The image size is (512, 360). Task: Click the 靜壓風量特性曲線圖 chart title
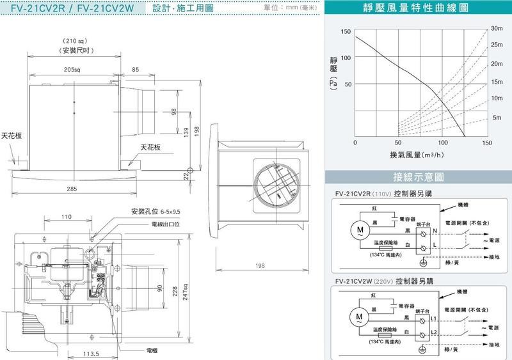[418, 10]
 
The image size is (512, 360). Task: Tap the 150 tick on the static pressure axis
[346, 32]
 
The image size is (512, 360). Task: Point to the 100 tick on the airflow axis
[443, 143]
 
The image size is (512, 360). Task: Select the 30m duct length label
[497, 29]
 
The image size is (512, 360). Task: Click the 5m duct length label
[497, 118]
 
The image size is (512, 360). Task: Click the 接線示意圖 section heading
[418, 177]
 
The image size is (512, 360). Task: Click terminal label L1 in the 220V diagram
[433, 318]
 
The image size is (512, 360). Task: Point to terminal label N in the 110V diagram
[435, 230]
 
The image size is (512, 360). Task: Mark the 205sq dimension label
[71, 68]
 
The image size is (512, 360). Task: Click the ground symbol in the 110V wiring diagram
[422, 262]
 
